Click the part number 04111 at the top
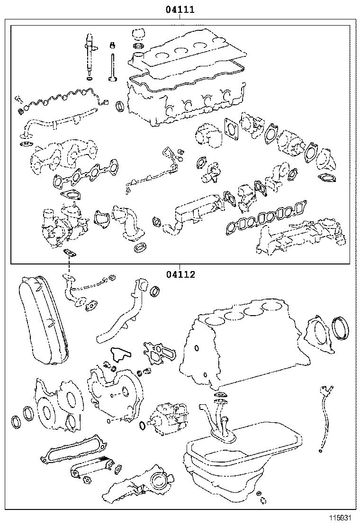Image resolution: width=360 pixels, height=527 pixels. (180, 9)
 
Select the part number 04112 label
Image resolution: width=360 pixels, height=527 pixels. (180, 274)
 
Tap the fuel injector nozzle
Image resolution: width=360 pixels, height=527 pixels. (89, 55)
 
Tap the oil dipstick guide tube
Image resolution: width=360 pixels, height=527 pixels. (324, 417)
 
